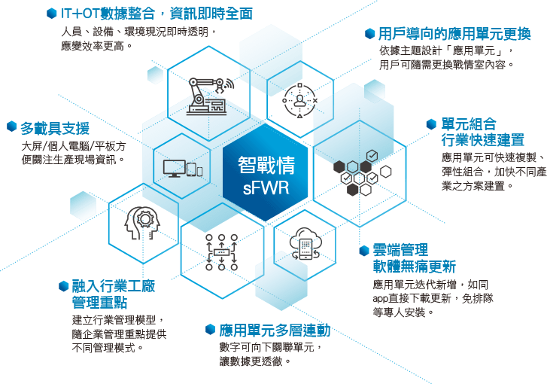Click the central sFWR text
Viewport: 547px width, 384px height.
point(266,187)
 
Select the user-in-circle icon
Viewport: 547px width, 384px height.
point(299,101)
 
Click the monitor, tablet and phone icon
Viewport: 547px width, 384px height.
point(183,169)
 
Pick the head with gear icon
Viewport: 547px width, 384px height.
point(142,223)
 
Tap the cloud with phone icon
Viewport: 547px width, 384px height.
point(305,244)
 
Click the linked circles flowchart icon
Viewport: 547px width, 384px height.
point(221,252)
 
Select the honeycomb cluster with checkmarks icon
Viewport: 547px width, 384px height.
point(362,172)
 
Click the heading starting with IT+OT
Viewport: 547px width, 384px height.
point(157,14)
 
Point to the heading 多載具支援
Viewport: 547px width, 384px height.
point(55,129)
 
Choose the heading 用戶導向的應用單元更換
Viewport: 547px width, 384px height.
point(454,34)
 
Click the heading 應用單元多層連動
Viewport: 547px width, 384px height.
point(275,331)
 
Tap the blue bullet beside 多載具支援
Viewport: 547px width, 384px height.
point(12,126)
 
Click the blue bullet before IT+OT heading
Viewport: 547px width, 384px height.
point(52,14)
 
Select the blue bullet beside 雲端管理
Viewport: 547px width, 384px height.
point(364,250)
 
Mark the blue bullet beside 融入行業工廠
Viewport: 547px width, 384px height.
point(63,286)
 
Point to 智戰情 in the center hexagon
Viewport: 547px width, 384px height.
point(266,165)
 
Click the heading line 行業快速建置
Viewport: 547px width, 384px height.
point(483,140)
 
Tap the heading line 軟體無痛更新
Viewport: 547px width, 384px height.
point(414,267)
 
